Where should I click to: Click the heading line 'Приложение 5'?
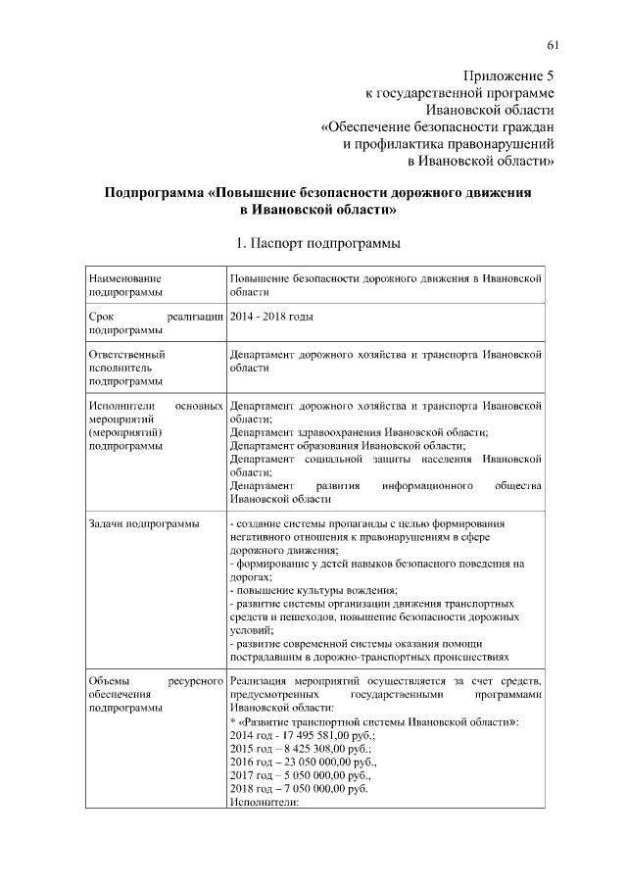pos(507,75)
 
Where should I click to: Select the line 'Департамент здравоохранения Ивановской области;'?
pos(360,431)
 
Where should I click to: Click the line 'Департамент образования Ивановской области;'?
pos(347,445)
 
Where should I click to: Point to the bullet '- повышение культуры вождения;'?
pos(313,590)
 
